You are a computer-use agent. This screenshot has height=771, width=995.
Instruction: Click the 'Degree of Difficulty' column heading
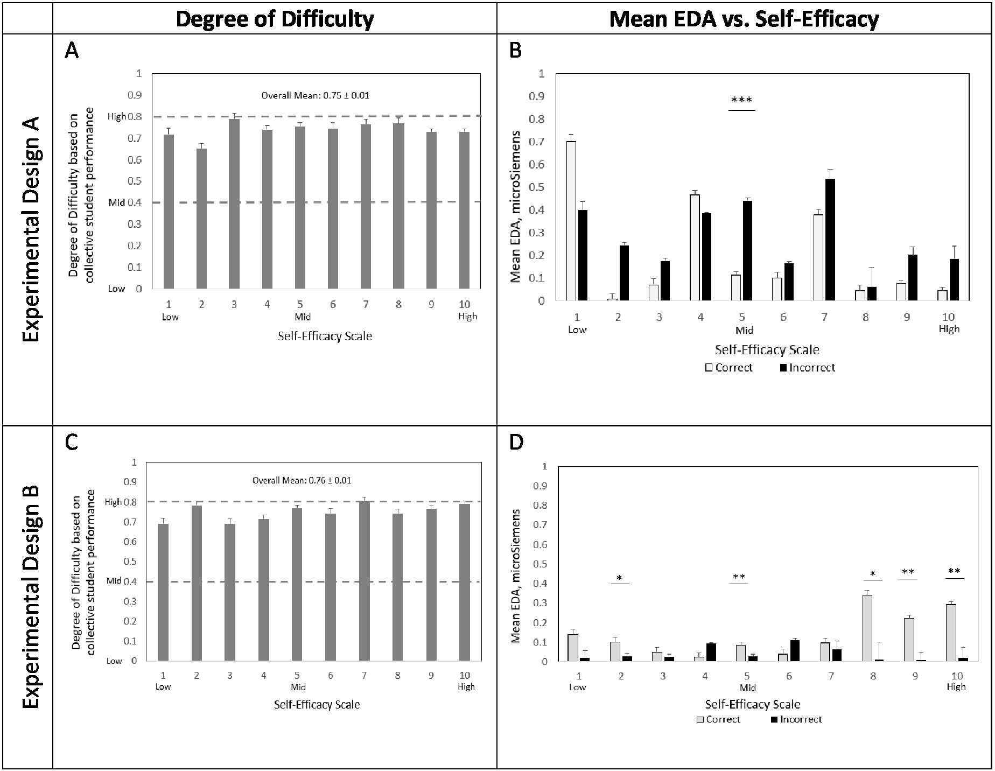click(275, 19)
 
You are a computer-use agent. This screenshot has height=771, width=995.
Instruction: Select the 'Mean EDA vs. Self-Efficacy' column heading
click(744, 19)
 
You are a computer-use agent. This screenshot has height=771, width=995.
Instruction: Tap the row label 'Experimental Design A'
click(32, 229)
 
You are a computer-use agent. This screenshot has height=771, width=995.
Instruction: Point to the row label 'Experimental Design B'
click(32, 597)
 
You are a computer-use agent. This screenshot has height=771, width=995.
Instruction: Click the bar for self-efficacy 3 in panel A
click(234, 205)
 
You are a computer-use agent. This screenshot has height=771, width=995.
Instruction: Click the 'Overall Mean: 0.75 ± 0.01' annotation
click(315, 96)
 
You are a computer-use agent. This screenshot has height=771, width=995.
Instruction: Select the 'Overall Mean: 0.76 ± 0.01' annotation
click(302, 480)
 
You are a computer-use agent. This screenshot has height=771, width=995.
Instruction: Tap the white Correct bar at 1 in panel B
click(571, 221)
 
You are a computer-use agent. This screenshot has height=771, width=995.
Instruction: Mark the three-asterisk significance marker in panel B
click(741, 100)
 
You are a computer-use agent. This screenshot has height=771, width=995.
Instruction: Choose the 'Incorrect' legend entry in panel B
click(807, 368)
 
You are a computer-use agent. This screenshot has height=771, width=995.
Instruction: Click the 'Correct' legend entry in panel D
click(718, 719)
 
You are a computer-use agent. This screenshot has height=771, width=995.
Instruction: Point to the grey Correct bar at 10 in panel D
click(951, 633)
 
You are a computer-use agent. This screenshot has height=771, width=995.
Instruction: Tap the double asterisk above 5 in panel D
click(739, 578)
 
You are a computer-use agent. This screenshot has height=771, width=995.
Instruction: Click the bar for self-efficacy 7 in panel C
click(365, 581)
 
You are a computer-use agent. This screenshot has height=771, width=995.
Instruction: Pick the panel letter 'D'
click(515, 442)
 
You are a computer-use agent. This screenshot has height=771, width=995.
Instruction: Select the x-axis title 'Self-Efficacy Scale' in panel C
click(317, 704)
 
